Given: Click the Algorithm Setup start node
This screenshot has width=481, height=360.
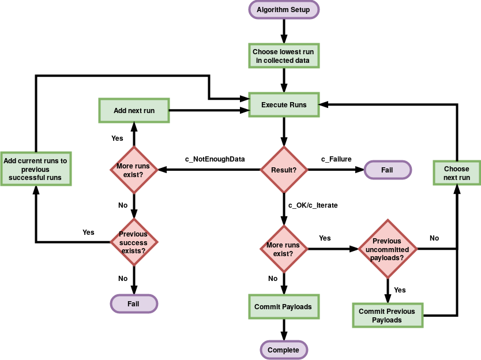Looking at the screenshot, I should [x=283, y=10].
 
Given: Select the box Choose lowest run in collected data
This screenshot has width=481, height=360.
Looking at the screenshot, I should [x=283, y=56].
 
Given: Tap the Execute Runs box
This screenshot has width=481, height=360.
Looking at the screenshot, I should [x=284, y=105].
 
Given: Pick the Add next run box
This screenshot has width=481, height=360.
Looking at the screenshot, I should [x=134, y=110].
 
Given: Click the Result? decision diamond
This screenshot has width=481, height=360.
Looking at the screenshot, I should [x=283, y=170].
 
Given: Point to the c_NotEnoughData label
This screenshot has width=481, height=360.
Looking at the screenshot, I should [x=215, y=159].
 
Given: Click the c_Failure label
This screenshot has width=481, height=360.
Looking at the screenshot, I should [x=336, y=159].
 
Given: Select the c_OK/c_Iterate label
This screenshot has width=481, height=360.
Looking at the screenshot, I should [x=313, y=205].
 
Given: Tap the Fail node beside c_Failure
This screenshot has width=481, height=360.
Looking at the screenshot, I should [x=387, y=170].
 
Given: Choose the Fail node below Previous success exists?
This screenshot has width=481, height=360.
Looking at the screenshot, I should [x=133, y=303].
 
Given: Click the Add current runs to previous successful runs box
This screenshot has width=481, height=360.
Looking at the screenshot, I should [x=35, y=169].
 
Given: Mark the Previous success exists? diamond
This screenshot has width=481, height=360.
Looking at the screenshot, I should [x=133, y=242].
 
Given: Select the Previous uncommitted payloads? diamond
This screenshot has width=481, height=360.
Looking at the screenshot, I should [x=388, y=249].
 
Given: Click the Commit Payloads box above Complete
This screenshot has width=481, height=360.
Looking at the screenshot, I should [x=283, y=306].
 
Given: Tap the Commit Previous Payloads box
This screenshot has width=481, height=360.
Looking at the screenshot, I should [x=387, y=315].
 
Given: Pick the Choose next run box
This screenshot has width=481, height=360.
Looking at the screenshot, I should [x=457, y=174].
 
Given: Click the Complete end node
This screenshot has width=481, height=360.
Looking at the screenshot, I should [x=283, y=350].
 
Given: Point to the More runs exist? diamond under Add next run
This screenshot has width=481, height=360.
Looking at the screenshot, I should [x=133, y=170].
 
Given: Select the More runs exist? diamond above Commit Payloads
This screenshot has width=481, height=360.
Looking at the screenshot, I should [x=283, y=249].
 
